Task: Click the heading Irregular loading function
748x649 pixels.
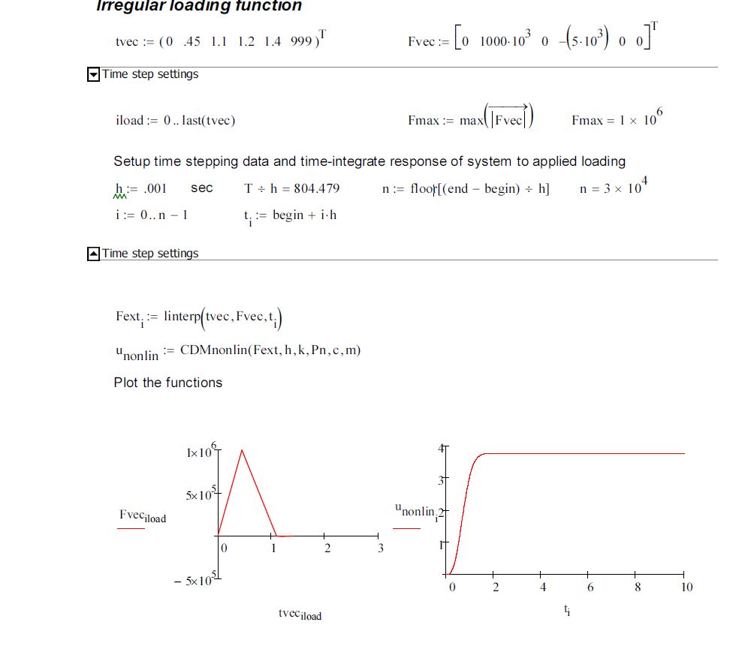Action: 199,6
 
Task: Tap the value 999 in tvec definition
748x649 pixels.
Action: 302,42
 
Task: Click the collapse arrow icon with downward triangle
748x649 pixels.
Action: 94,74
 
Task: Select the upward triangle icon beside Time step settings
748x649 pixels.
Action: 94,254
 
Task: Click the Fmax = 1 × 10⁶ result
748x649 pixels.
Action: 617,120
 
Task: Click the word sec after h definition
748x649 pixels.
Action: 201,188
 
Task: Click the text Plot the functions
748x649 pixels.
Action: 168,383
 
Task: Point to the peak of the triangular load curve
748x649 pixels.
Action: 242,450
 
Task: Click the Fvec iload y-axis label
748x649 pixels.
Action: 143,515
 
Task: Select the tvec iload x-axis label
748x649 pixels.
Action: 299,614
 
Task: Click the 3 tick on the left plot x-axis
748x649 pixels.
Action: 380,548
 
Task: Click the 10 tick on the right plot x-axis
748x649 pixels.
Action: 686,587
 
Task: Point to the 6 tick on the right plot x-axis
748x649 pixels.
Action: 590,587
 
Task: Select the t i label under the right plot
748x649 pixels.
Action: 567,611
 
